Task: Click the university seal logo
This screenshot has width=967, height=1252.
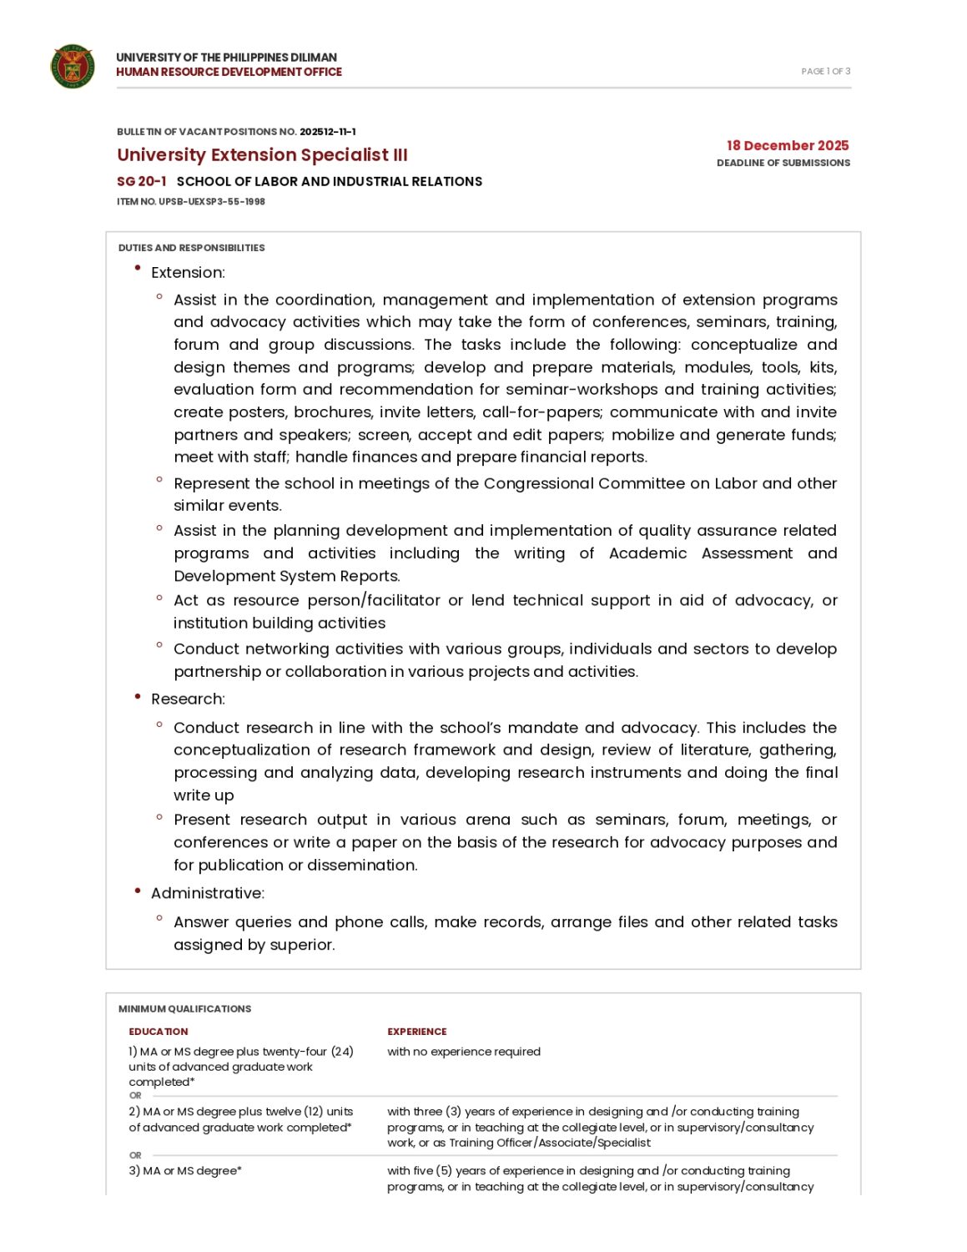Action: (73, 67)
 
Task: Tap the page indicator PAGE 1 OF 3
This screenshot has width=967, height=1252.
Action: (825, 72)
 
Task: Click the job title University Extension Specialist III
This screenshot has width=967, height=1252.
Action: (262, 155)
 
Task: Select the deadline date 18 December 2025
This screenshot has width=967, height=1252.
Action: (787, 146)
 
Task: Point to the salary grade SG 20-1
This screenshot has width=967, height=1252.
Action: (141, 182)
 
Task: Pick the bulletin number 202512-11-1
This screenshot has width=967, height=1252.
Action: (327, 132)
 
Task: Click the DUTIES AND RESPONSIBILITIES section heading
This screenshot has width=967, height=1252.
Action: (191, 248)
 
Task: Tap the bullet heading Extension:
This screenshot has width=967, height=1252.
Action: (188, 273)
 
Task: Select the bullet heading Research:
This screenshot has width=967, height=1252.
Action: (188, 699)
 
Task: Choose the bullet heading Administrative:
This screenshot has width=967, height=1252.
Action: (208, 894)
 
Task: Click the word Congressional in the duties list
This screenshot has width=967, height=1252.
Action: (538, 484)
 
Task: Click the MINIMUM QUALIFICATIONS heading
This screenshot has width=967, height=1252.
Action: (184, 1009)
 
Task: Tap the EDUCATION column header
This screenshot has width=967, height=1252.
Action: (159, 1032)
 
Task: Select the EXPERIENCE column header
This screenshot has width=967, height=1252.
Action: (416, 1032)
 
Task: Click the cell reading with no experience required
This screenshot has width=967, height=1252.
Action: (463, 1053)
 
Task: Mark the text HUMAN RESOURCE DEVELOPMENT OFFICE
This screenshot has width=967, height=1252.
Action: (229, 73)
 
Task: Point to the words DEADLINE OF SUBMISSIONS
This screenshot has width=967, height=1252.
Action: (783, 164)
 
